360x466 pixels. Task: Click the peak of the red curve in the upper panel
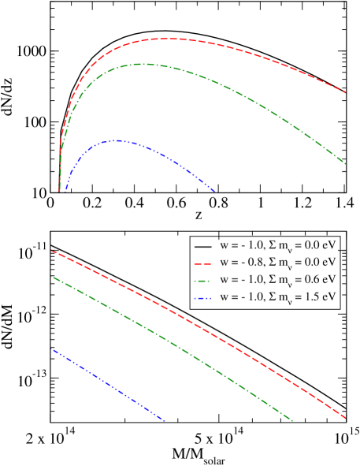point(169,38)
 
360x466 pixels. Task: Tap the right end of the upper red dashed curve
point(346,92)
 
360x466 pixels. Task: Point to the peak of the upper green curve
point(142,64)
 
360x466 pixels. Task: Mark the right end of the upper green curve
point(346,163)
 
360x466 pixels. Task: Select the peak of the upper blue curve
point(117,140)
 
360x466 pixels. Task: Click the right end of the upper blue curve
point(214,191)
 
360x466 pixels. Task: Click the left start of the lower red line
point(52,251)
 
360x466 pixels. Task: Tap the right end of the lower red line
point(346,418)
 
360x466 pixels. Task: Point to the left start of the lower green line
point(52,277)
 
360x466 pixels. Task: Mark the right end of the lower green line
point(293,421)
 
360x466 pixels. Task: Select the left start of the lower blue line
point(52,349)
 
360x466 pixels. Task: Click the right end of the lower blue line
point(165,421)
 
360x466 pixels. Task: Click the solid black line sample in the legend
point(202,244)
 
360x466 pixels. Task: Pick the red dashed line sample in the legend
point(202,262)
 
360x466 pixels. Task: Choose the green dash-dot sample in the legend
point(202,280)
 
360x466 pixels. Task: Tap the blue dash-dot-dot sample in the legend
point(202,297)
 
